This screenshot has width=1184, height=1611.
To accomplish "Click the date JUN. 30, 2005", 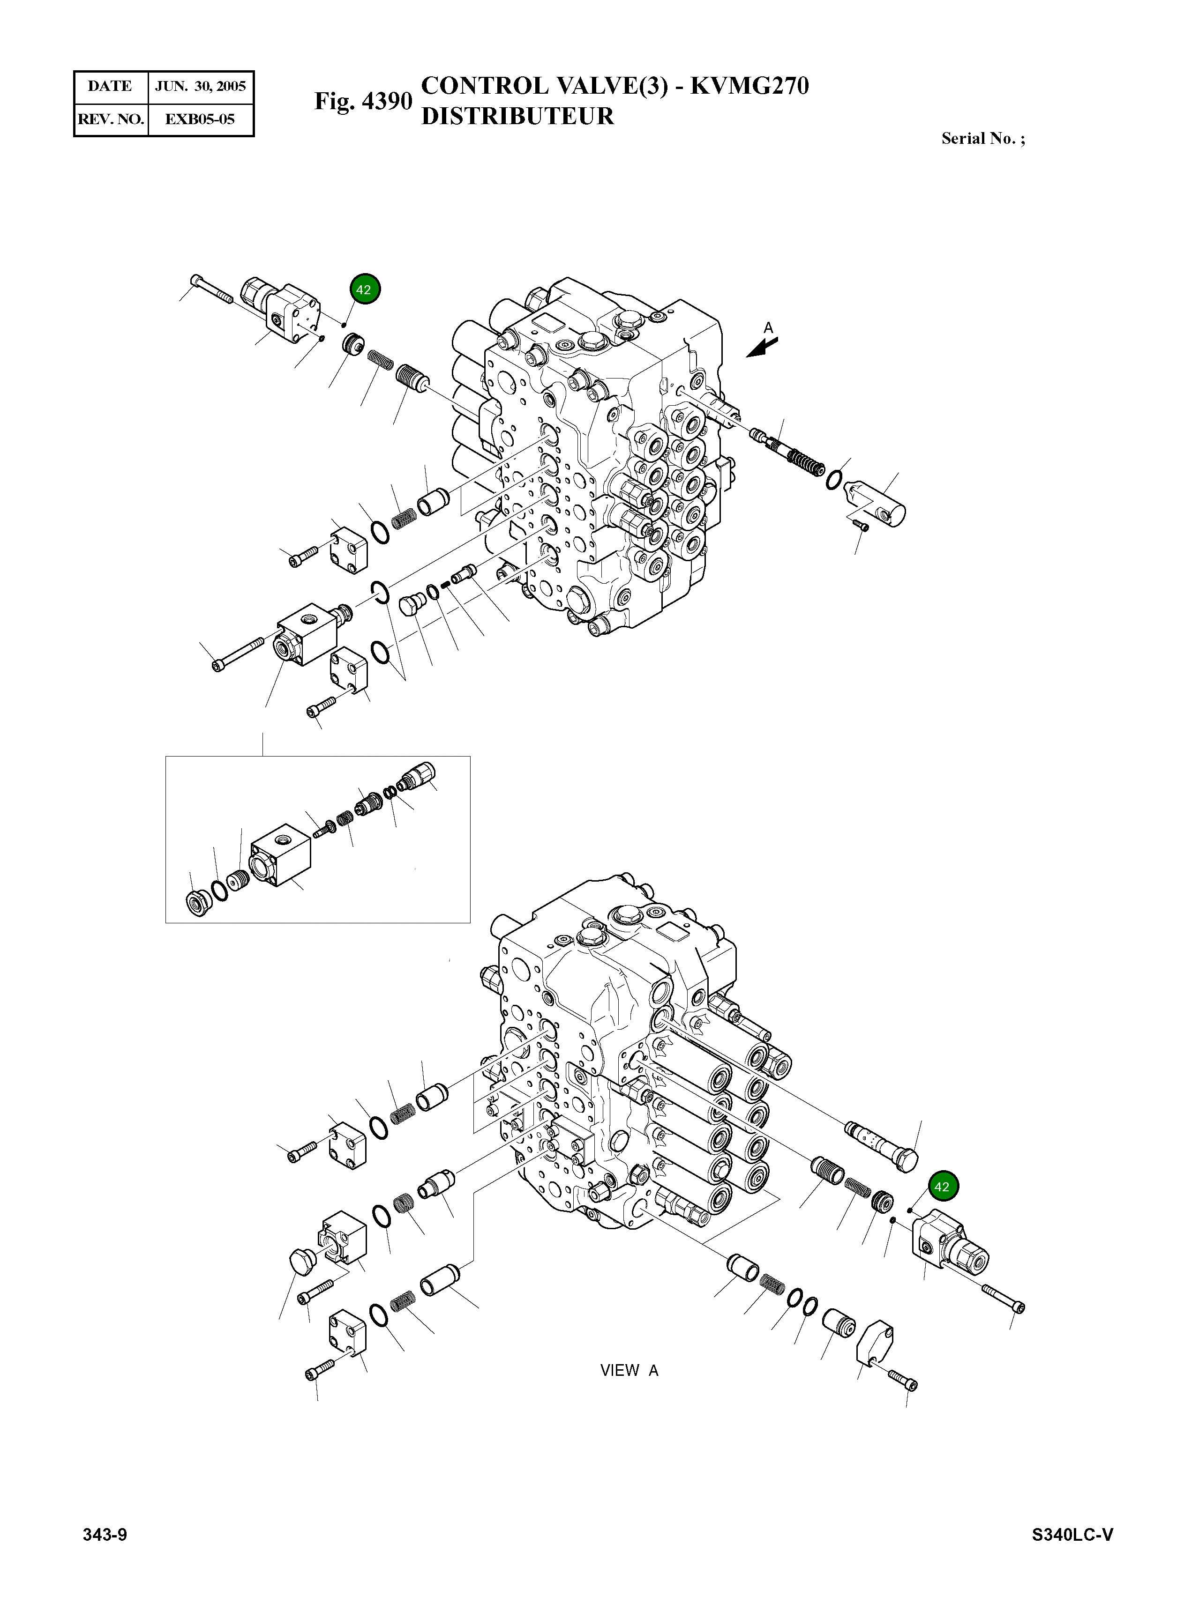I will click(200, 87).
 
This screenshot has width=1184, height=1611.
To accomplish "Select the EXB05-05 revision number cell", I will click(200, 119).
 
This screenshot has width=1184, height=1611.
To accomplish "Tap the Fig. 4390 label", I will click(363, 101).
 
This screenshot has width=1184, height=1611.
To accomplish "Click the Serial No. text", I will click(982, 139).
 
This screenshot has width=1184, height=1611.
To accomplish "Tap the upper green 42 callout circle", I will click(365, 290).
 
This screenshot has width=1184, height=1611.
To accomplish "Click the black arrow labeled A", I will click(762, 348).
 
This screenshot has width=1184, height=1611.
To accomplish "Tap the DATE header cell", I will click(110, 87).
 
